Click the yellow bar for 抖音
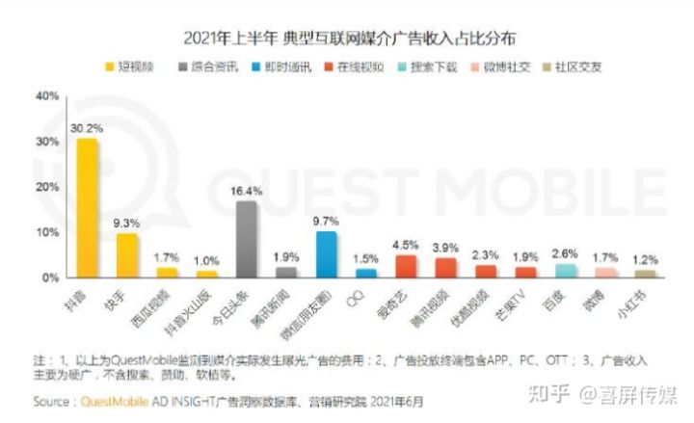[88, 207]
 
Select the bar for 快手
[127, 254]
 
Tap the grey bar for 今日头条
[247, 239]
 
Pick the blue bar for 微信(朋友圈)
[327, 253]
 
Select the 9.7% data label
[328, 221]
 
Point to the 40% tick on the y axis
[45, 96]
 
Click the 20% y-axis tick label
[45, 187]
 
